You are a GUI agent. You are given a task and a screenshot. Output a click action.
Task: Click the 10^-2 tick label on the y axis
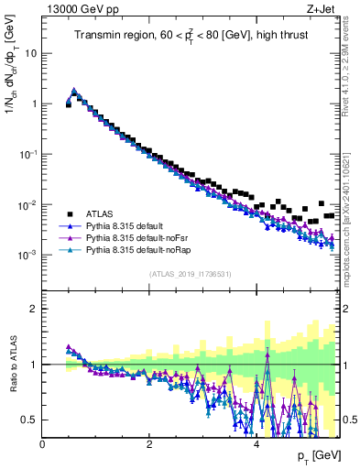pos(28,203)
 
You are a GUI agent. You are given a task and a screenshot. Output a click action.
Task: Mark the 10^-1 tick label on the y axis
pos(28,153)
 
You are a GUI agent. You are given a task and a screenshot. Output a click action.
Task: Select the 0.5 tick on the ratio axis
pos(30,420)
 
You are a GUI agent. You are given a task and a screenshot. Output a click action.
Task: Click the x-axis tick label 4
pos(256,443)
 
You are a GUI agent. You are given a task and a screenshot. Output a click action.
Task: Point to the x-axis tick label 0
pos(43,443)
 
